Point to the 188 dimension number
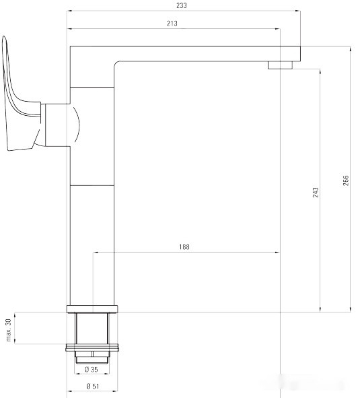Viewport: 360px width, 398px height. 184,247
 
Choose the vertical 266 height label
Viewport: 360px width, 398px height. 346,181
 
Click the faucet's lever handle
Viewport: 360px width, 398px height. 17,101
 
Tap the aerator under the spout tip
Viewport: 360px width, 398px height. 280,65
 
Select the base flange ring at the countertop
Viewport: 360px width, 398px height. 93,309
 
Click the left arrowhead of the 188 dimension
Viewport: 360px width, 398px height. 95,253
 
